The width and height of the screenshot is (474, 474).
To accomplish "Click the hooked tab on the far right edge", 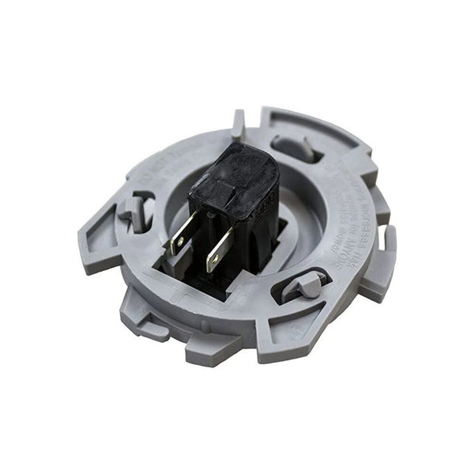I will (386, 250).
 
